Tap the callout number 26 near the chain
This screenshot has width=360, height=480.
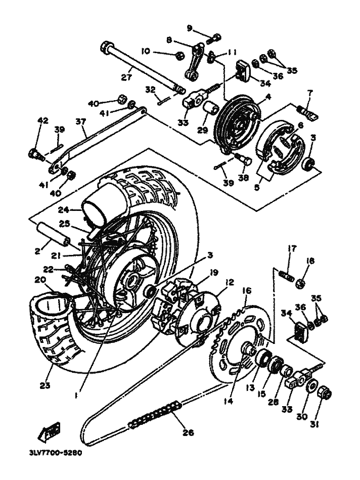188,432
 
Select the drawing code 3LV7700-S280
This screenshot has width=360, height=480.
54,453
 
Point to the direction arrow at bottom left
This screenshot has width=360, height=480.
49,431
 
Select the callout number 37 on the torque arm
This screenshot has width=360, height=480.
80,121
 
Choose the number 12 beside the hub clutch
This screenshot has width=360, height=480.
230,282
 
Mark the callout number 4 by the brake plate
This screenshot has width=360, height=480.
268,97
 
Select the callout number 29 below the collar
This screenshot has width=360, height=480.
202,130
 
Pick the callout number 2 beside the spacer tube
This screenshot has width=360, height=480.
37,251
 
